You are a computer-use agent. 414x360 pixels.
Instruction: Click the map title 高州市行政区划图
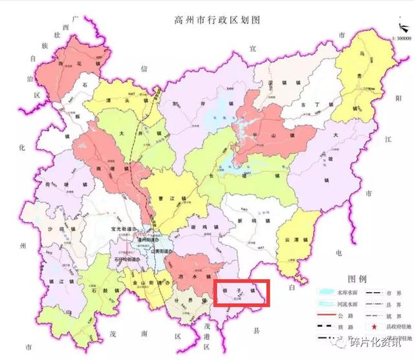207,20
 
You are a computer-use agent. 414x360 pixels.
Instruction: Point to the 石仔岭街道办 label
127,260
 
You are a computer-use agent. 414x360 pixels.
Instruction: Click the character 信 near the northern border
146,67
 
